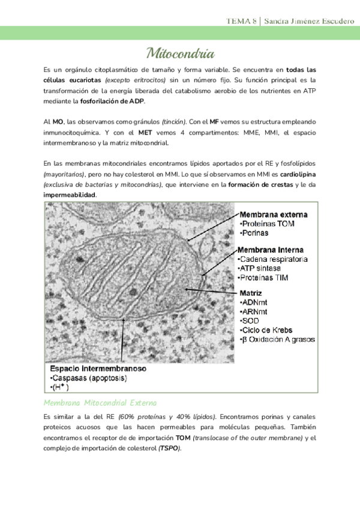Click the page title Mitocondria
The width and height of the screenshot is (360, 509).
coord(180,53)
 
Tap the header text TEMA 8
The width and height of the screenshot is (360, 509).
coord(241,22)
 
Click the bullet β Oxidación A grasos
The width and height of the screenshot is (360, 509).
coord(277,340)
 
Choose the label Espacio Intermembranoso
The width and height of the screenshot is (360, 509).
coord(95,368)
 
